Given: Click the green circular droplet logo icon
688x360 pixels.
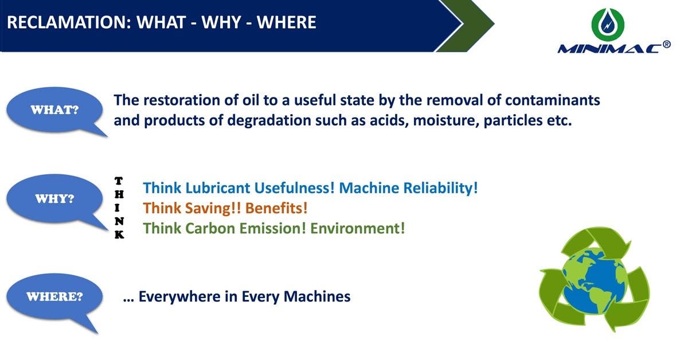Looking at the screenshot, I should [x=607, y=24].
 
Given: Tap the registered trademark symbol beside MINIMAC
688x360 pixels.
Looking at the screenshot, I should [x=666, y=44].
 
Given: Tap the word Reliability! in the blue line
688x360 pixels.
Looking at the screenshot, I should [x=442, y=188].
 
